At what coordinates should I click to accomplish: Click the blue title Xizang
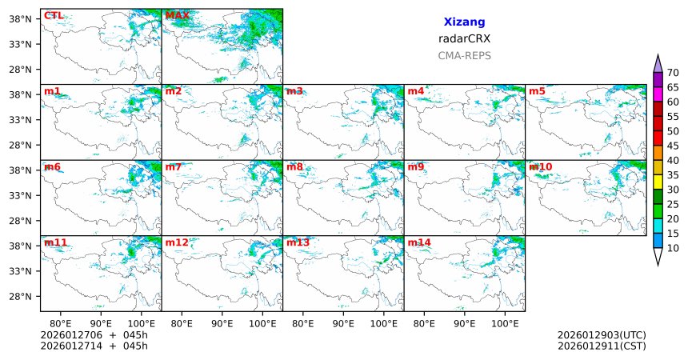464,22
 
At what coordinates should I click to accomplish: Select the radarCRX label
464,38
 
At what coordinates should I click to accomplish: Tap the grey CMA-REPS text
464,56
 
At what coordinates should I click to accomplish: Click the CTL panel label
54,15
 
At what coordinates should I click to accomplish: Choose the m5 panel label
537,91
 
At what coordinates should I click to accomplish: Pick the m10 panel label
540,166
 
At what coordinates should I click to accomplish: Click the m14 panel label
419,242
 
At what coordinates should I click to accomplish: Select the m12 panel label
177,242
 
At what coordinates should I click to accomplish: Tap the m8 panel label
294,166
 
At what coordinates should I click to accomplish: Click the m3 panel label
294,91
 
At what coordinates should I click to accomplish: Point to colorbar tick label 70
673,73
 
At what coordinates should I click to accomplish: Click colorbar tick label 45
673,146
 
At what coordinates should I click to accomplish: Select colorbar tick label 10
673,248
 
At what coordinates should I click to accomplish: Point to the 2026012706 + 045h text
94,334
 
